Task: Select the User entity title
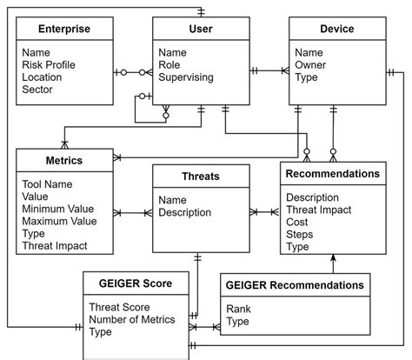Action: (x=200, y=30)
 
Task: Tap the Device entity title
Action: (x=336, y=30)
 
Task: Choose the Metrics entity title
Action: (x=63, y=161)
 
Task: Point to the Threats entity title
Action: (x=200, y=177)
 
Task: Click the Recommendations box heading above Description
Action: (x=333, y=174)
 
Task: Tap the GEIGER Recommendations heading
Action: (x=295, y=284)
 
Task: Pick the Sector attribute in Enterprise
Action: (x=38, y=90)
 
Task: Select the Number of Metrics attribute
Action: (x=131, y=319)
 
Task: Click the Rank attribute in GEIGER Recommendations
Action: (x=240, y=309)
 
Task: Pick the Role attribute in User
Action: (x=171, y=64)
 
